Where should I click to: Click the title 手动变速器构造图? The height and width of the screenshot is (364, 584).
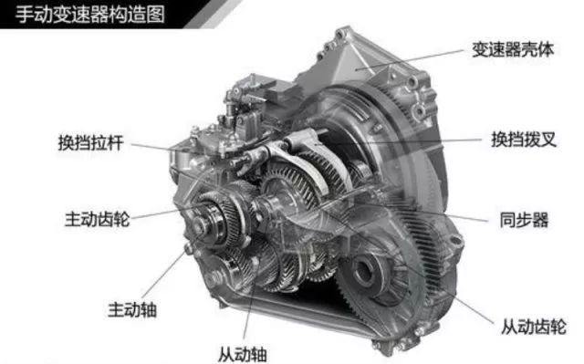(x=89, y=15)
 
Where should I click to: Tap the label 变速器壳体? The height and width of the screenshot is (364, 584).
(x=513, y=49)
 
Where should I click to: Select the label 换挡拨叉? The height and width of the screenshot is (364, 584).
(x=524, y=140)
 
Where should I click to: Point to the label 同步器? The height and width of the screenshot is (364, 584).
(x=524, y=220)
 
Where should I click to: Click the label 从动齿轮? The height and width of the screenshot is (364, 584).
(x=533, y=327)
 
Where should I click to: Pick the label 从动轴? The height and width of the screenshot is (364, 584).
(x=242, y=354)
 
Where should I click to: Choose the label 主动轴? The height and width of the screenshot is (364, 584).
(x=132, y=309)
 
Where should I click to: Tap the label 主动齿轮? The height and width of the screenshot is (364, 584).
(x=98, y=219)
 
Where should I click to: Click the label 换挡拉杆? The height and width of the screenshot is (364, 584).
(x=90, y=143)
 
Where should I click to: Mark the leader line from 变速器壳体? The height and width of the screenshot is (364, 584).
(x=410, y=60)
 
